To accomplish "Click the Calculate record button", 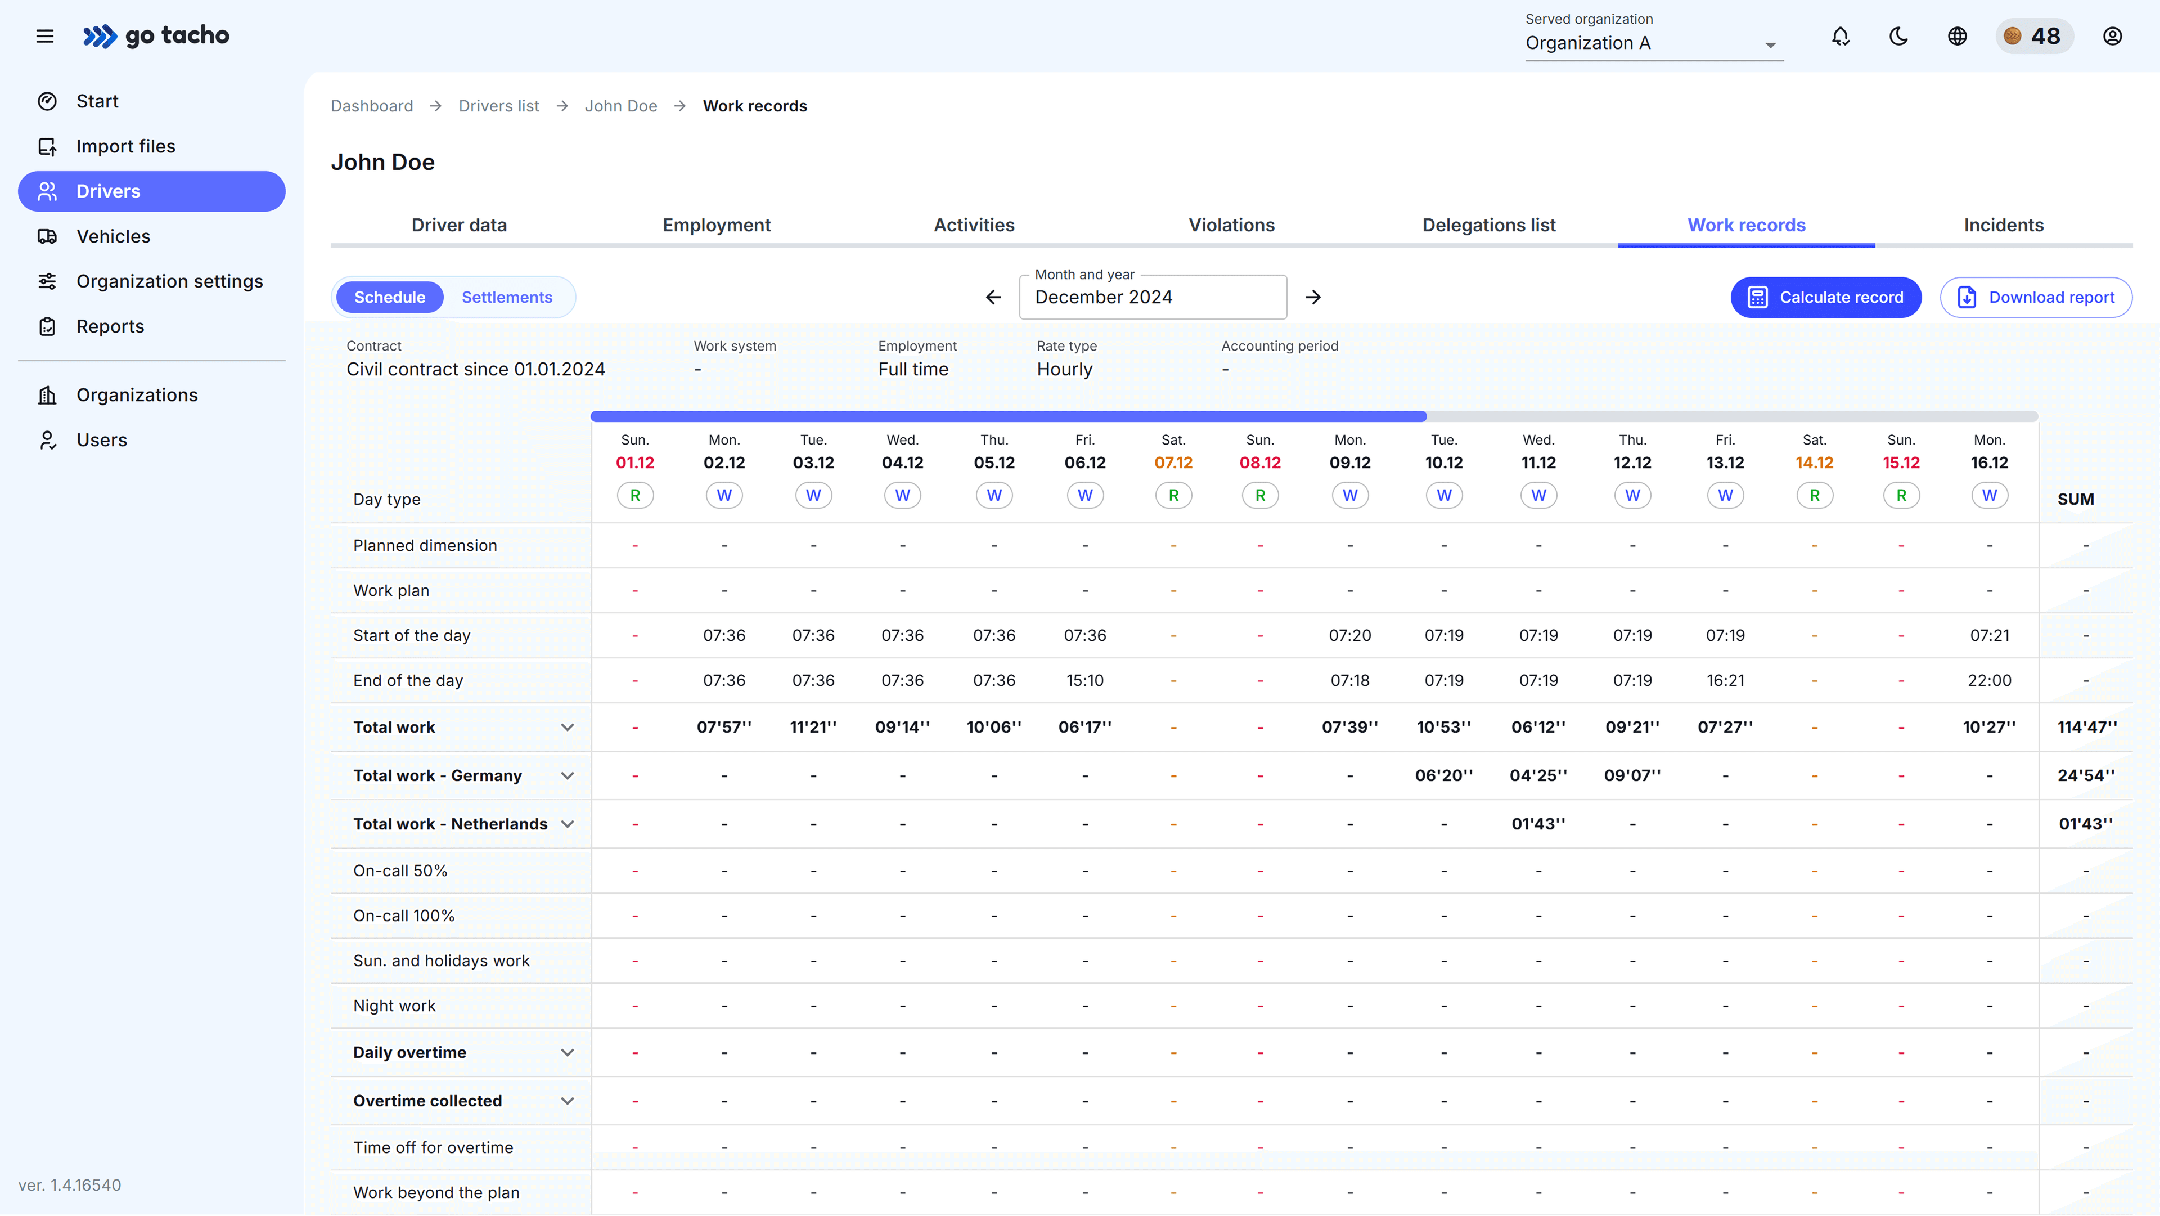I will point(1825,298).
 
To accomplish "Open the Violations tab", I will point(1231,225).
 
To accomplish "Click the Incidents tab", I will point(2003,225).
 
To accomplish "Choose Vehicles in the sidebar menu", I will point(113,236).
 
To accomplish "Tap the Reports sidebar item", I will point(110,326).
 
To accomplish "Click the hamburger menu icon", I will point(45,36).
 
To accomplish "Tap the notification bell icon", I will point(1840,36).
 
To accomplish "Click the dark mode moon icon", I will point(1898,36).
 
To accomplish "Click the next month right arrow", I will point(1313,298).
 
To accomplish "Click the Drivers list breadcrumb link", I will point(499,106).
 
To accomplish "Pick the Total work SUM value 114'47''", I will point(2087,727).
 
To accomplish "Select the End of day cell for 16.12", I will point(1989,680).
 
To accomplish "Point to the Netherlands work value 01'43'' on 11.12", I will point(1538,824).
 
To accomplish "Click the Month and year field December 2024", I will point(1152,298).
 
